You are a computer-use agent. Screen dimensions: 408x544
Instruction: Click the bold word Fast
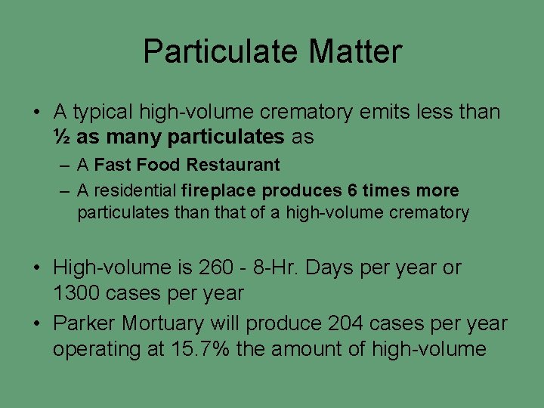coord(113,165)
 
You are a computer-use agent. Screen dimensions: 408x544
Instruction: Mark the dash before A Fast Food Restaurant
coord(66,165)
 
